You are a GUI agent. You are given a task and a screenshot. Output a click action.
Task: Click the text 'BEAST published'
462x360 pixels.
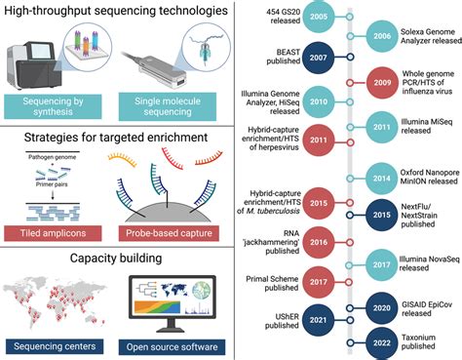(x=264, y=57)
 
